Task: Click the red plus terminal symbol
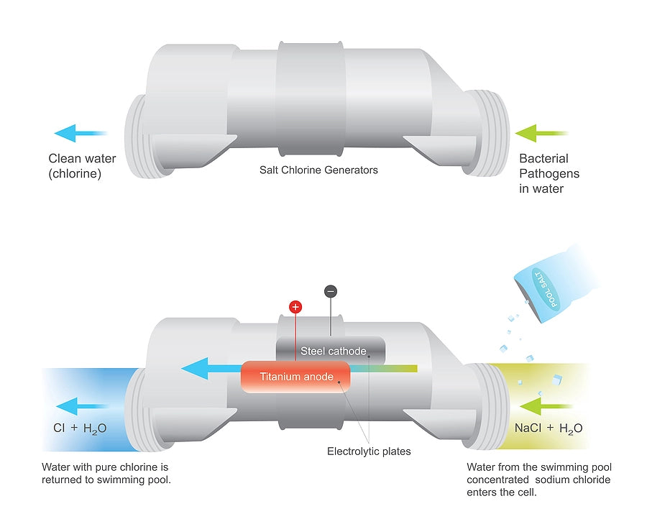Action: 295,307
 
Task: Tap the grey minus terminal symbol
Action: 330,291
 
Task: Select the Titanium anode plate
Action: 296,377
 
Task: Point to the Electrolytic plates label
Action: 369,451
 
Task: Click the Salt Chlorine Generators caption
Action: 318,170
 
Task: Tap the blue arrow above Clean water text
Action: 80,133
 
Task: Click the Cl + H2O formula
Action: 80,428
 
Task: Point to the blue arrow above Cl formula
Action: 81,405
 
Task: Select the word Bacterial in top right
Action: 543,159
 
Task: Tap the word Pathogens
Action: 549,174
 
